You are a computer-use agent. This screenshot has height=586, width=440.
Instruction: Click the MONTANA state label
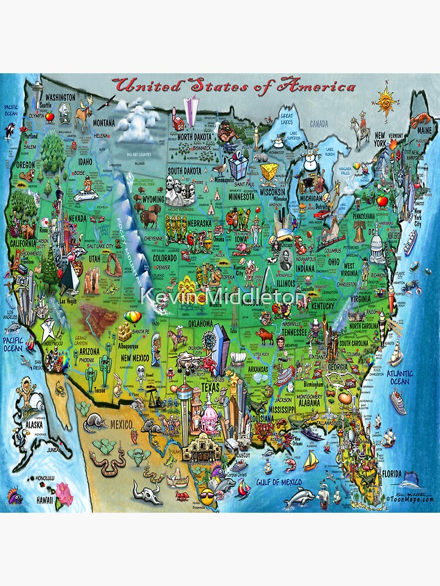tap(104, 122)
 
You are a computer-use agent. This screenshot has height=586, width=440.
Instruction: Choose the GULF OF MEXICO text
tap(278, 482)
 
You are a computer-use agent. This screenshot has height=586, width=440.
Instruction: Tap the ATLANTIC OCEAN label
tap(400, 377)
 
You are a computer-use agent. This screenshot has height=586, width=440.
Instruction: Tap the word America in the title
tap(317, 86)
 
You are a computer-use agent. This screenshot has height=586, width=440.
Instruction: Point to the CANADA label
tap(320, 124)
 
